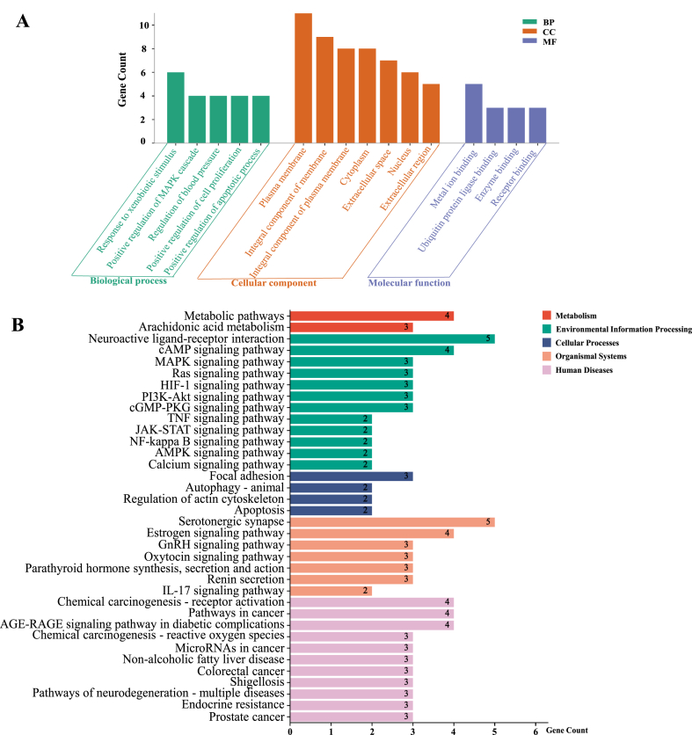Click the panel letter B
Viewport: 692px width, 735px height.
(18, 323)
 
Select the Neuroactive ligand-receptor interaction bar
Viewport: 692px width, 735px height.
(392, 338)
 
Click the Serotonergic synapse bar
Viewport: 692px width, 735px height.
(392, 521)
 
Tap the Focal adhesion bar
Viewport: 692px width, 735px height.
(351, 476)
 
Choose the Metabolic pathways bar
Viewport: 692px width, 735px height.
(372, 316)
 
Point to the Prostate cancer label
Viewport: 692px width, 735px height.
(244, 716)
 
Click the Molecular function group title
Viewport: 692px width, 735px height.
(409, 283)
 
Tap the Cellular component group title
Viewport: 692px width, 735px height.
(273, 283)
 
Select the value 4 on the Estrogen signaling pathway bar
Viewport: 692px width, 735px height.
(448, 533)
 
